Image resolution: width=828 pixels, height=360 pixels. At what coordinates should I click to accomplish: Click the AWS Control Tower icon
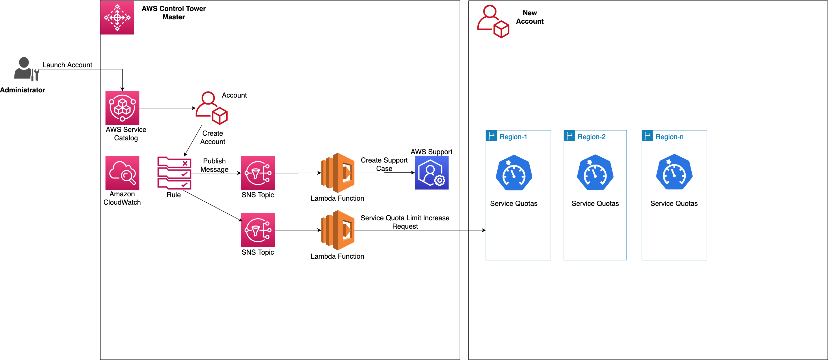[117, 17]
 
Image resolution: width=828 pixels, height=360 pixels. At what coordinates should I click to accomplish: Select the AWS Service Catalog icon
[122, 108]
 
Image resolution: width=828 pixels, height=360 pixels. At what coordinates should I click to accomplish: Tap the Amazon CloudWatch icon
[122, 173]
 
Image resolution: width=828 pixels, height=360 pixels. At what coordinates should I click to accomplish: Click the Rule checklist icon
[174, 173]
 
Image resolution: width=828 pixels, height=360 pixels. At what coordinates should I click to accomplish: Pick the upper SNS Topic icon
[258, 173]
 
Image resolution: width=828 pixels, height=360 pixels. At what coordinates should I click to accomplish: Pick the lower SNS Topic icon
[258, 230]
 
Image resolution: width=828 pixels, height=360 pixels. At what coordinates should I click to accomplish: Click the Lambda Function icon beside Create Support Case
[338, 173]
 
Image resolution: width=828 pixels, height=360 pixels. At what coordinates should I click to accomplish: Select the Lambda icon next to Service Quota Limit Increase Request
[338, 230]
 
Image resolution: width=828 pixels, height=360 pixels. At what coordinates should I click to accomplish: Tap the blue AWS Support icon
[431, 173]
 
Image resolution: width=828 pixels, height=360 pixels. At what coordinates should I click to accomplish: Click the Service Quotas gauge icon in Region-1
[514, 173]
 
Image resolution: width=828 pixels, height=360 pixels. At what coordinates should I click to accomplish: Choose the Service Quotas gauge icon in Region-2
[595, 173]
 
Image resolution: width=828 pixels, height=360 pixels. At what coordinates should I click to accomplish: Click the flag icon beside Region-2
[569, 136]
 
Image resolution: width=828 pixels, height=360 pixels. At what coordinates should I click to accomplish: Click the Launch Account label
[67, 65]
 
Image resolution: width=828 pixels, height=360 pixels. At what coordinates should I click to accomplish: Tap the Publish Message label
[214, 165]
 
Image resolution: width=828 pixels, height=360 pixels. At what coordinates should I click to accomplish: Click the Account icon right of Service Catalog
[211, 108]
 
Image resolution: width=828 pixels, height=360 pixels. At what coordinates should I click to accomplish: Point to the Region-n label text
[669, 137]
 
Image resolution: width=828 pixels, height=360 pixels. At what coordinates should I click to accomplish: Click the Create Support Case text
[384, 164]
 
